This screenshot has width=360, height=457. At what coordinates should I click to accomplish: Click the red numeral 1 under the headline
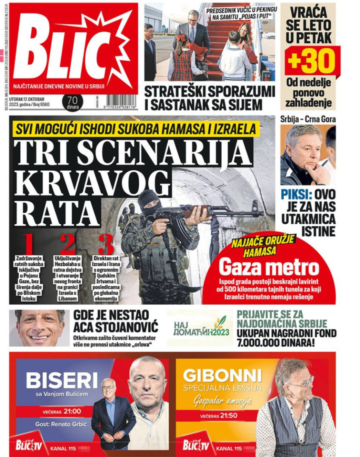(28, 244)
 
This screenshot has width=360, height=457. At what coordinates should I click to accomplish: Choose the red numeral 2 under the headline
(68, 244)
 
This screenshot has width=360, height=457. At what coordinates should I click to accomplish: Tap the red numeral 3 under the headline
(106, 244)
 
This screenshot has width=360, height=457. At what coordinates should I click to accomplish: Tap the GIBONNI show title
(222, 375)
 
